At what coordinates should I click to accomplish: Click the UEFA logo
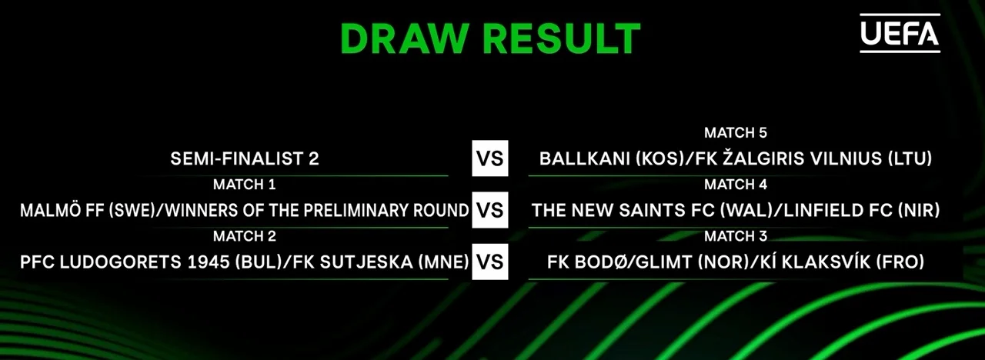[900, 33]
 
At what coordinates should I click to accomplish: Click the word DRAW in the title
[403, 38]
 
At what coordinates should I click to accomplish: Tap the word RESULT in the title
[562, 38]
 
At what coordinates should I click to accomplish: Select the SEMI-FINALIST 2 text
[245, 158]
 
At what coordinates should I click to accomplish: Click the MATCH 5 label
[735, 133]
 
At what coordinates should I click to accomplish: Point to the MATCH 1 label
[245, 184]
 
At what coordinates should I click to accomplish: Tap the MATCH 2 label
[245, 236]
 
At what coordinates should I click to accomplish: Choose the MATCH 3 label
[735, 236]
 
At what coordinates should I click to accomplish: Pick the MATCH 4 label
[735, 184]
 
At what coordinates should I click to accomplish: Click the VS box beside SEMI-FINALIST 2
[490, 158]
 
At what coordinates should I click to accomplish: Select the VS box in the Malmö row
[490, 210]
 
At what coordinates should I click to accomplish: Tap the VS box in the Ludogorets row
[490, 262]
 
